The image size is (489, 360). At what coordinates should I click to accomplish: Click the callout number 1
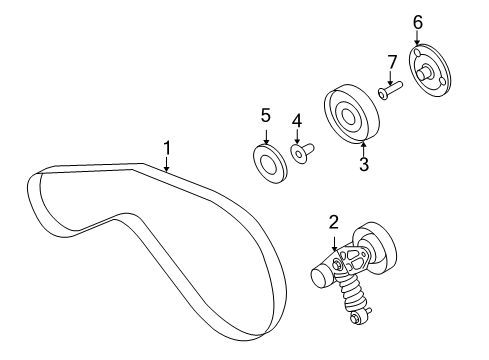[x=167, y=148]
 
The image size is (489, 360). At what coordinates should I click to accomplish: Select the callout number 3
[x=364, y=165]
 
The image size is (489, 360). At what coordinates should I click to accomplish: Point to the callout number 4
[x=296, y=121]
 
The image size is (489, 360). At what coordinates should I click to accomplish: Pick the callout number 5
[x=266, y=115]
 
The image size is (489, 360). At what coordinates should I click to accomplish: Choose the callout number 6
[x=417, y=21]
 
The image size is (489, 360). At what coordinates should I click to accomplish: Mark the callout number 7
[x=392, y=62]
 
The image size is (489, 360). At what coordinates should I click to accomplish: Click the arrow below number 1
[x=167, y=165]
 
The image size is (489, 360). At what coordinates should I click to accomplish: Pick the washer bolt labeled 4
[x=300, y=152]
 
